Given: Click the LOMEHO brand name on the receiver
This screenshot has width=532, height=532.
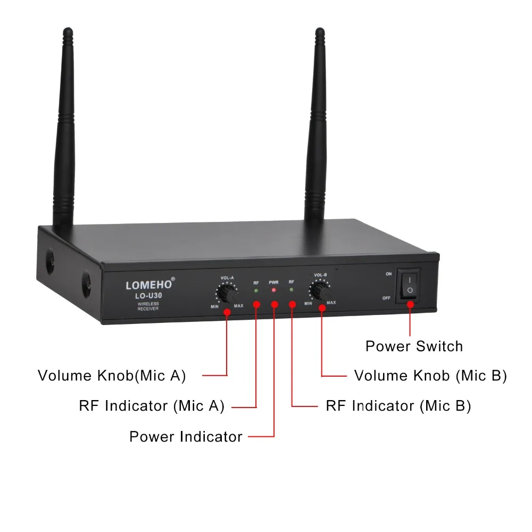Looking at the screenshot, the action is pos(148,285).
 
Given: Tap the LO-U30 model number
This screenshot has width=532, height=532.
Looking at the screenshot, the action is pos(148,296).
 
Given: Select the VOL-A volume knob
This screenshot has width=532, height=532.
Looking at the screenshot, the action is pos(227,293).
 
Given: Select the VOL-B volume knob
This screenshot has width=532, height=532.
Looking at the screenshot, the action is pos(320,290).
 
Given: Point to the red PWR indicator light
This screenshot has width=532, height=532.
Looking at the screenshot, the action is pos(274,290).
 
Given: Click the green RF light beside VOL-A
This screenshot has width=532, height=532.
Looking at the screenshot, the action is pos(256,291).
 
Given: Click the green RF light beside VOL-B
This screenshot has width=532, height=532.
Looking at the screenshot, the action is pos(292,290).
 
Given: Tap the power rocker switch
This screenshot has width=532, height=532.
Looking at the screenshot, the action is pos(410,285).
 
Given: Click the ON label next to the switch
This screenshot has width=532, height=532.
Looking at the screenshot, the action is pos(389,274).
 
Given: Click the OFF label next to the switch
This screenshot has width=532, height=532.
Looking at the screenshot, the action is pos(386,298).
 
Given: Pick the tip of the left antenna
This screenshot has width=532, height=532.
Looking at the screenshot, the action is pos(68,29).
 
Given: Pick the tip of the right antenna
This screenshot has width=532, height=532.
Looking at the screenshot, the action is pos(320,29).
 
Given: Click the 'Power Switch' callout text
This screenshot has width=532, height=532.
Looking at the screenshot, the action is pos(414,346).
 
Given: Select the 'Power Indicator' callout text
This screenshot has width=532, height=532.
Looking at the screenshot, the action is pos(186,437).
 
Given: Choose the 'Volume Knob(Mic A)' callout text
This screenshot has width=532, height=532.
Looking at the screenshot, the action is pos(112,376).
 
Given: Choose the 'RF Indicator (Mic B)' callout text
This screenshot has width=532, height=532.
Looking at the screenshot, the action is pos(398,406).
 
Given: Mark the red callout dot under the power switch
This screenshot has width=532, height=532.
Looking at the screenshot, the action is pos(410,305).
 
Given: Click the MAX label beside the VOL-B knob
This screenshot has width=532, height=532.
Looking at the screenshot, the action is pos(331,302).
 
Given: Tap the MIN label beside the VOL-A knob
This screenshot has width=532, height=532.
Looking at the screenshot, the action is pos(215,306).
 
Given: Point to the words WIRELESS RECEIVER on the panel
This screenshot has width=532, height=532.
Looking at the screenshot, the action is pos(148,306).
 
